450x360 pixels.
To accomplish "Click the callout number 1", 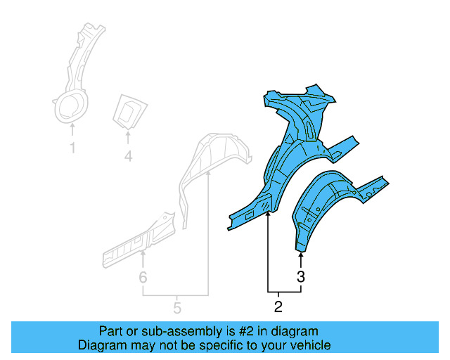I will coord(72,148).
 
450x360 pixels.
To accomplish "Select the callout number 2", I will coord(278,306).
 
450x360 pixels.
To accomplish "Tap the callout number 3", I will coord(301,276).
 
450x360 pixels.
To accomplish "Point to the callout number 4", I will coord(128,157).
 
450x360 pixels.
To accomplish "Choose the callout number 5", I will coord(177,307).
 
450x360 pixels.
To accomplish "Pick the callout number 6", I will coord(143,278).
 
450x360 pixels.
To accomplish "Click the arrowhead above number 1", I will coord(72,126).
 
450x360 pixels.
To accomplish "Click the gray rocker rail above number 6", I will coord(137,236).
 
